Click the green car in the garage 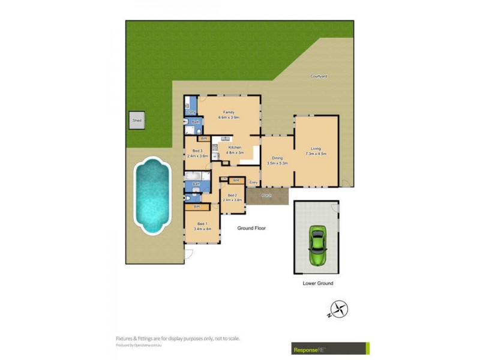[x=316, y=245]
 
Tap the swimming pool [x=149, y=195]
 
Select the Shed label [x=137, y=120]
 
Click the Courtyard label [x=319, y=76]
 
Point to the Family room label [x=229, y=112]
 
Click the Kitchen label [x=235, y=148]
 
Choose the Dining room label [x=277, y=158]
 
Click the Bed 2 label [x=232, y=196]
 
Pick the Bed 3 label [x=197, y=151]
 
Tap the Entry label [x=253, y=182]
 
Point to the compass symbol [x=340, y=309]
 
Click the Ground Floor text [x=251, y=228]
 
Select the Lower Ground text [x=317, y=283]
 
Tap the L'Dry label [x=191, y=112]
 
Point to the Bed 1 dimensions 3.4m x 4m [x=203, y=229]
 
